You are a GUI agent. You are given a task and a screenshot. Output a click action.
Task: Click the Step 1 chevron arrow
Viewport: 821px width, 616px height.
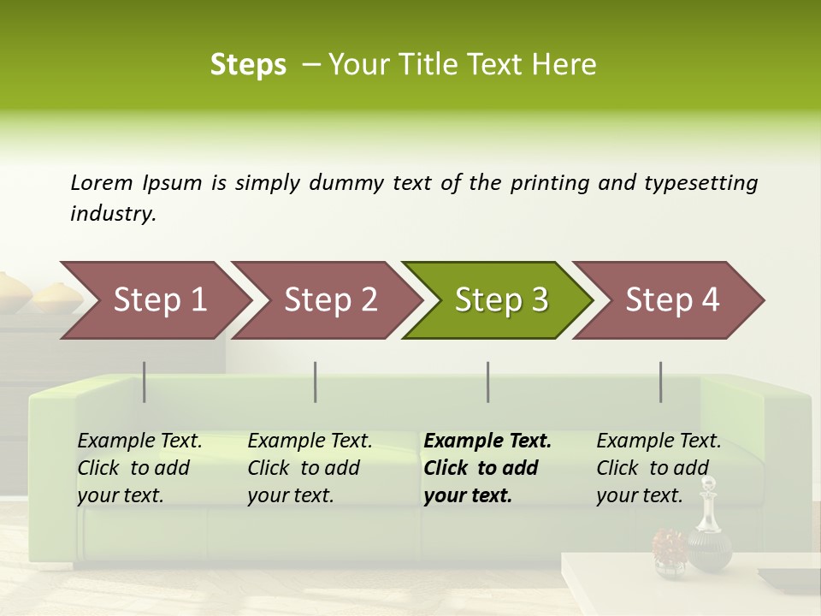pos(154,300)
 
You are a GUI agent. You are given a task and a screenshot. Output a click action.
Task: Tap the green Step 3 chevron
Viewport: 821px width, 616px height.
pos(499,300)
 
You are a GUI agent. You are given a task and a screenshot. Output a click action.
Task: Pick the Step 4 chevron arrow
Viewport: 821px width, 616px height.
pos(670,300)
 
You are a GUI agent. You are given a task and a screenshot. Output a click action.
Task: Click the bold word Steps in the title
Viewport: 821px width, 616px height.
pos(248,65)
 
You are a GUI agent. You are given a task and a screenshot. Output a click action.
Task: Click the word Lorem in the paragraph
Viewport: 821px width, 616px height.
pos(102,182)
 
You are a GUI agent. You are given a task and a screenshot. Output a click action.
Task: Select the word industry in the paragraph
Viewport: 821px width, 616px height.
pos(113,214)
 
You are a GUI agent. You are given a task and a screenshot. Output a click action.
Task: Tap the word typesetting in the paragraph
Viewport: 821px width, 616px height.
pos(700,183)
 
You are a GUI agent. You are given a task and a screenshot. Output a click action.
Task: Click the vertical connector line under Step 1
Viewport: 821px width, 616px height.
pos(145,382)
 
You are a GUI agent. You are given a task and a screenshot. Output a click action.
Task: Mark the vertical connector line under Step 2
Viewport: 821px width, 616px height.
pos(316,382)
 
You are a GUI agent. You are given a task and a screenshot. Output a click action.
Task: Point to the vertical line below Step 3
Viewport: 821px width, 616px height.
pos(488,382)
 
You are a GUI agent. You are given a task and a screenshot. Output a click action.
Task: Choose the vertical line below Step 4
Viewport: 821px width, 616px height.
pos(661,382)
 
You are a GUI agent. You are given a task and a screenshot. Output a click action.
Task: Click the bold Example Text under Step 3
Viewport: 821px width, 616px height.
pos(487,441)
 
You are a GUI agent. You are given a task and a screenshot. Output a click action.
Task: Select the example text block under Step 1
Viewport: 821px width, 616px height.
pos(139,468)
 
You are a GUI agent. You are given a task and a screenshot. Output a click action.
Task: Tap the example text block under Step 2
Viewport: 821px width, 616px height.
pos(310,468)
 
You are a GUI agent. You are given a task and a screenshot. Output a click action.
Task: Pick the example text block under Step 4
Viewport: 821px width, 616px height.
pos(659,468)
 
